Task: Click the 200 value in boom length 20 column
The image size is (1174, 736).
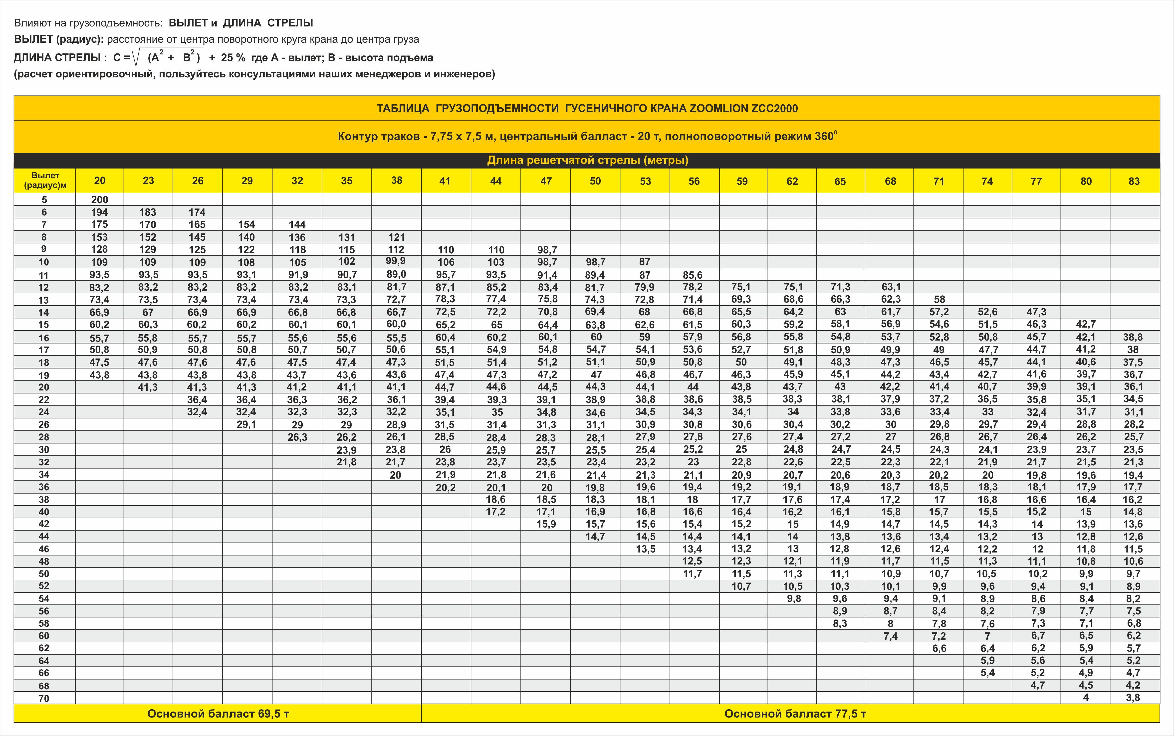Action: click(99, 199)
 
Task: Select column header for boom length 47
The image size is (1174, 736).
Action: click(546, 181)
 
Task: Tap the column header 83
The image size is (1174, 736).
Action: click(1134, 181)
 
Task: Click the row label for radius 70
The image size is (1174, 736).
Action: click(44, 698)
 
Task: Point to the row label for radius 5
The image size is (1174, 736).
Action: click(44, 199)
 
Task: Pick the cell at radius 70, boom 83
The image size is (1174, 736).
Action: click(1133, 698)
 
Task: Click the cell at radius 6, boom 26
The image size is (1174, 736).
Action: click(197, 212)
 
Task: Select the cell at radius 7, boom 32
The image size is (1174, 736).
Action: click(297, 224)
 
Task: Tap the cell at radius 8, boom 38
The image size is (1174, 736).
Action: click(396, 237)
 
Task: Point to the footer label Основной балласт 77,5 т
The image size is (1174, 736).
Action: click(795, 714)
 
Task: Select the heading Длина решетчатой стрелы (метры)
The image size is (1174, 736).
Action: click(587, 160)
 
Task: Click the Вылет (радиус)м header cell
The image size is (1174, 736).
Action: click(45, 181)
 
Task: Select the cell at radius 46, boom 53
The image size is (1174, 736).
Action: click(645, 549)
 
